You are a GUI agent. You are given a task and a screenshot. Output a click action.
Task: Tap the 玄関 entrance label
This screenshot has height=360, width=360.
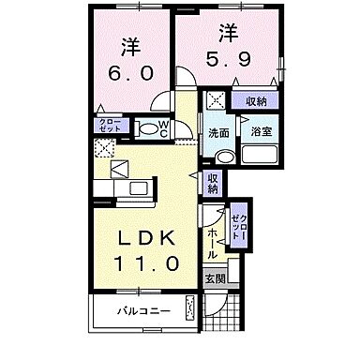click(216, 277)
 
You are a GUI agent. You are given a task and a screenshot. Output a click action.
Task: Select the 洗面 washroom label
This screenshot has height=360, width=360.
click(218, 133)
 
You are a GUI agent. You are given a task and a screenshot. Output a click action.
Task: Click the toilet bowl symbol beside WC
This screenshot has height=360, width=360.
click(147, 128)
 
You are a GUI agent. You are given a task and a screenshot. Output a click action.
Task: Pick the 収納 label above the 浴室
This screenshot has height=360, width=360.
click(256, 101)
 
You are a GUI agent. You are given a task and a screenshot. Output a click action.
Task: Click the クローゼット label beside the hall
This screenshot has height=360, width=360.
click(240, 228)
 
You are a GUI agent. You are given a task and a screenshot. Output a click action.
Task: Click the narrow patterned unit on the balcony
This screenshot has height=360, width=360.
click(190, 308)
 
